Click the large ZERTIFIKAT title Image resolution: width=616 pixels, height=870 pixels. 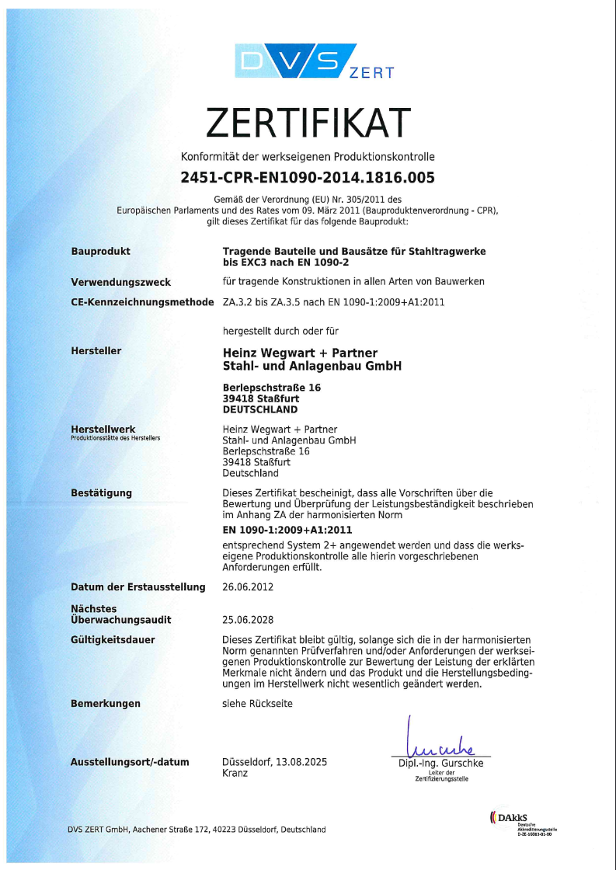point(308,122)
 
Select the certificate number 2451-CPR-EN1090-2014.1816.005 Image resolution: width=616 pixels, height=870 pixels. point(308,177)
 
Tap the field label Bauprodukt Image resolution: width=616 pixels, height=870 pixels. point(100,252)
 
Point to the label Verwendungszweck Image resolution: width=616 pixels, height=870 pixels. point(120,282)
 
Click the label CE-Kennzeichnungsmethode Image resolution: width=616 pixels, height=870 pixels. point(142,302)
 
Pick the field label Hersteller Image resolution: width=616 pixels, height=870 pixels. point(96,351)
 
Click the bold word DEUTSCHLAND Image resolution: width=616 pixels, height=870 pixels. point(259,409)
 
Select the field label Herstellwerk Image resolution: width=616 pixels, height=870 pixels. point(103,429)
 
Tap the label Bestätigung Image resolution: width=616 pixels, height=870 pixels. point(101,492)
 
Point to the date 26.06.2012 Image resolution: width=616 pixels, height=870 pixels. point(248,587)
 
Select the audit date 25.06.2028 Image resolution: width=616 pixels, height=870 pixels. point(248,621)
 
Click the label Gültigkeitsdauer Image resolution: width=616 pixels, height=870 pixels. point(113,640)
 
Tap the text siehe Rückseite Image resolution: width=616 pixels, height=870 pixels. point(257,704)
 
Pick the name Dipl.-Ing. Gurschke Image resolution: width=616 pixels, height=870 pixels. point(440,764)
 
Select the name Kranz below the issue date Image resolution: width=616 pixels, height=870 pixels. point(235,774)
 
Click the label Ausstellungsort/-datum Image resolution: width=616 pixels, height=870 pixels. point(130,762)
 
